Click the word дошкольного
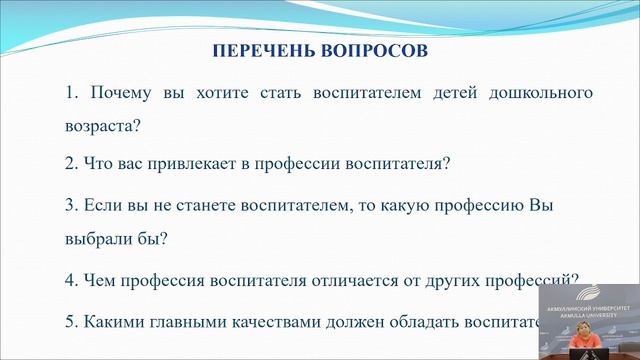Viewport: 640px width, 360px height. click(x=539, y=93)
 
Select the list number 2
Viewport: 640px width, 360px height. click(x=69, y=162)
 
